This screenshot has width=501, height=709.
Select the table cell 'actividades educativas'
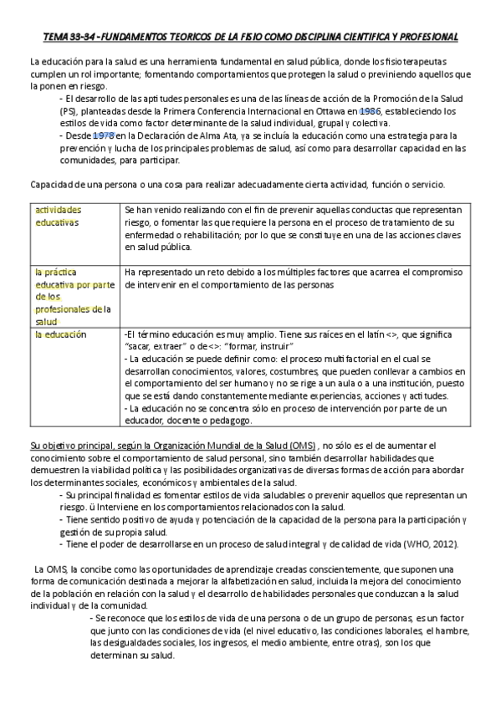57,217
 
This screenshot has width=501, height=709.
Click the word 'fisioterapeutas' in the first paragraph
438,63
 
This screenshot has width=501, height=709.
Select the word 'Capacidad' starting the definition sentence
52,185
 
